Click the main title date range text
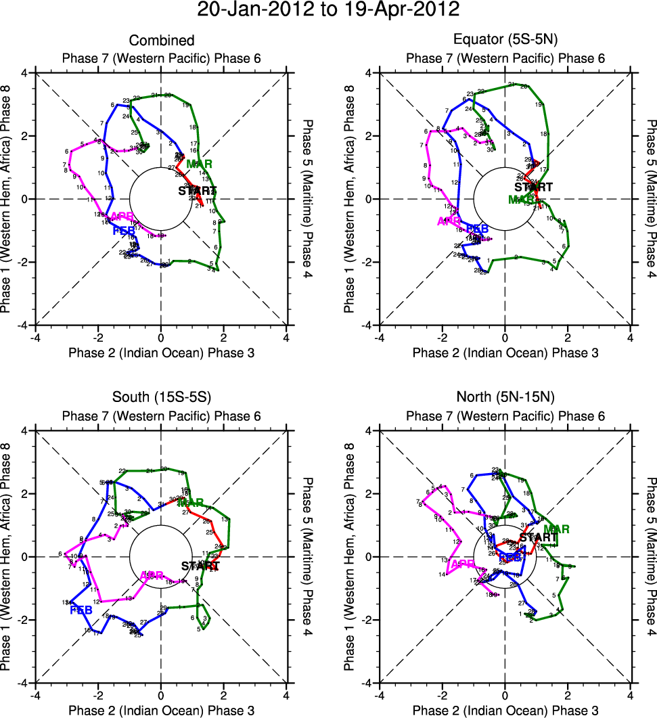[328, 10]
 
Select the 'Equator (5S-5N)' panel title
[505, 41]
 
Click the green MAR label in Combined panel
[200, 164]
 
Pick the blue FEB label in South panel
[81, 610]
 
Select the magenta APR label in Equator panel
[449, 221]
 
